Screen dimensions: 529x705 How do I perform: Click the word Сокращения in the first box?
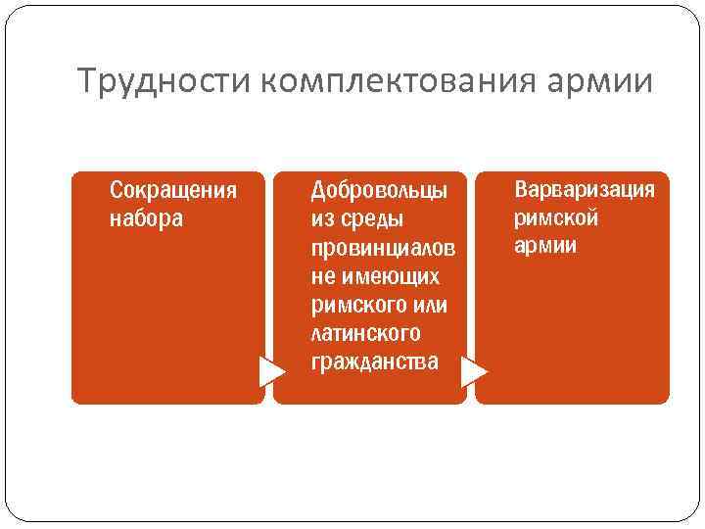[173, 188]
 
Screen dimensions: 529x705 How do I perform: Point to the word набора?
[146, 217]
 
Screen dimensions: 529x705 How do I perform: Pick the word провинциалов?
[383, 247]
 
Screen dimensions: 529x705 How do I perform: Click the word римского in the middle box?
[354, 306]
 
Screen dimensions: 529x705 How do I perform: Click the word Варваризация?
[585, 188]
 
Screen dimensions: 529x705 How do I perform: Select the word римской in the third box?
[556, 216]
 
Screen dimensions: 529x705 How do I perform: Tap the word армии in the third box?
[545, 245]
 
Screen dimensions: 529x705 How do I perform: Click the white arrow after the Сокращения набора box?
[271, 371]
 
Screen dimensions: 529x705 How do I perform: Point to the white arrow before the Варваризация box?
[474, 371]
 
